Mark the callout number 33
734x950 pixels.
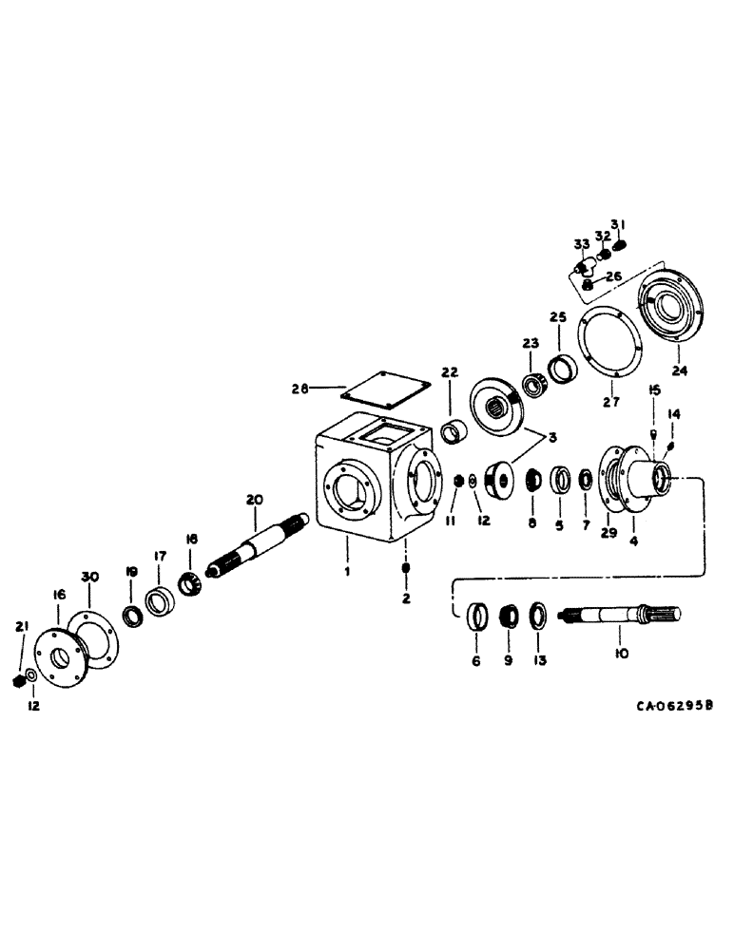581,244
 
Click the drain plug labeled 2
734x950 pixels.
406,568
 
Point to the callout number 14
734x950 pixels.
674,414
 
